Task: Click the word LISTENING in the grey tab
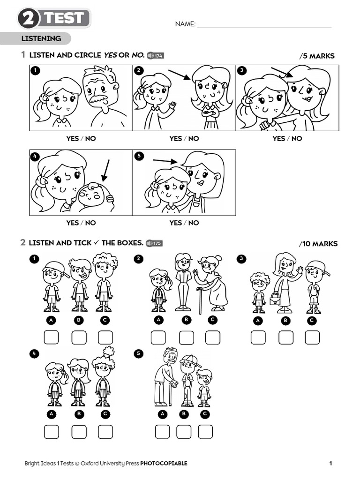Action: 41,38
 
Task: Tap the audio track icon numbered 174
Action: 155,55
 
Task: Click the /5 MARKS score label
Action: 317,56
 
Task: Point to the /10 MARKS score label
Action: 318,244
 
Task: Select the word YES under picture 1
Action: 73,138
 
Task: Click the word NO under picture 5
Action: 193,223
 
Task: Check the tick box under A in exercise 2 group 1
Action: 52,337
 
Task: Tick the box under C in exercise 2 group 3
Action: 312,337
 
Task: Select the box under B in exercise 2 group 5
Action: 184,431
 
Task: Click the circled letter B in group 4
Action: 79,414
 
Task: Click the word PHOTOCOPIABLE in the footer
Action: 164,464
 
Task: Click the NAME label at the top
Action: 185,24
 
